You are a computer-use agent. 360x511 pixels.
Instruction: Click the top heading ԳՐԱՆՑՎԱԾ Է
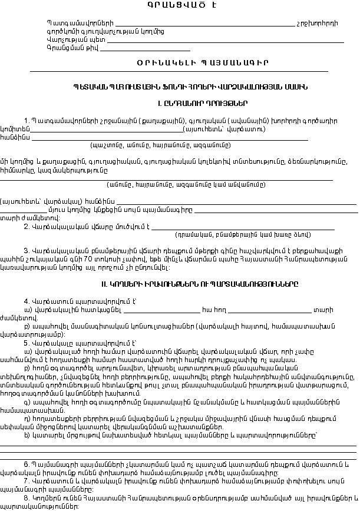(x=179, y=5)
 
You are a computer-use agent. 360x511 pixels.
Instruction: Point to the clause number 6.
(x=26, y=464)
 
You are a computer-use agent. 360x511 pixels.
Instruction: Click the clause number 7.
(x=26, y=481)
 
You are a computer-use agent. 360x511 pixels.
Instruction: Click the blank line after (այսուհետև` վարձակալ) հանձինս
(x=236, y=200)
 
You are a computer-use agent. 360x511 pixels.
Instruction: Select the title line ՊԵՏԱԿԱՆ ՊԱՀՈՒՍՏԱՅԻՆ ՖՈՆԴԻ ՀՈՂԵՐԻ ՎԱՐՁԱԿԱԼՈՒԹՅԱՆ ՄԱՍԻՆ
(x=179, y=86)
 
